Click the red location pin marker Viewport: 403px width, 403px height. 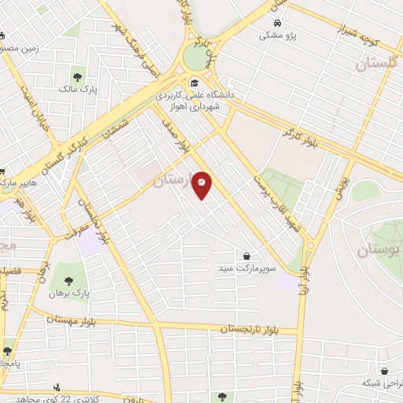click(202, 184)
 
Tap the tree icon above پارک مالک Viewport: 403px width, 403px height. click(77, 76)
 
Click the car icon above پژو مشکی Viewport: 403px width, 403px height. click(277, 24)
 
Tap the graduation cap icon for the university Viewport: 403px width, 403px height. click(194, 81)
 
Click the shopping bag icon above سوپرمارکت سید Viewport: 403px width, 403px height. click(247, 256)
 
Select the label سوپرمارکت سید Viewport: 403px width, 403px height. click(248, 268)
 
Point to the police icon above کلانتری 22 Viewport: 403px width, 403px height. click(56, 388)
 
